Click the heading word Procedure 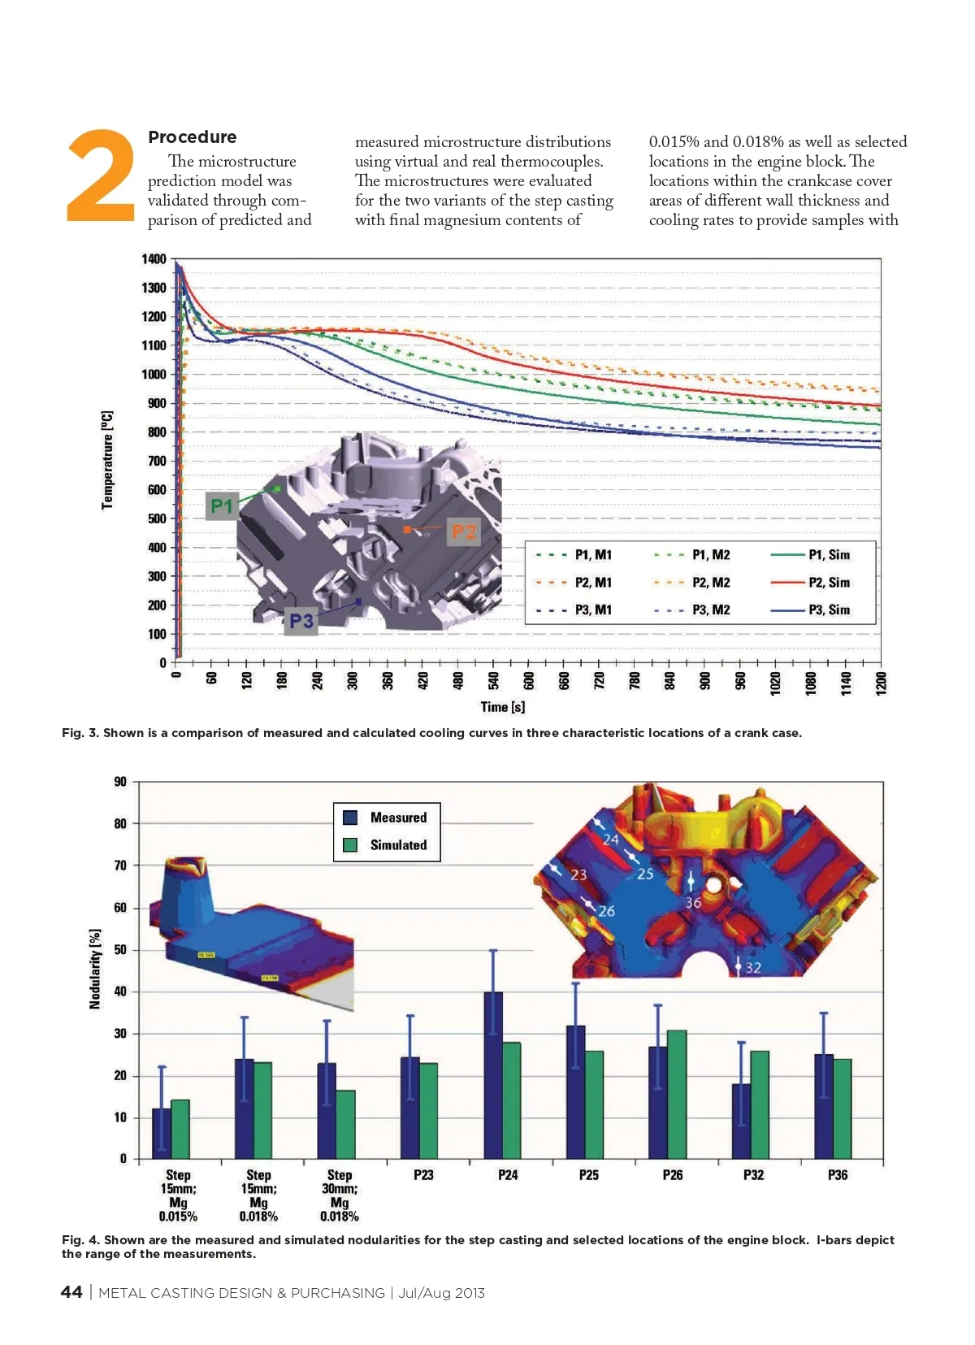tap(193, 137)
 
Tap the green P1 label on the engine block tap(222, 505)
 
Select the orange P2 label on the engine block tap(463, 532)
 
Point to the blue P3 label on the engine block tap(301, 622)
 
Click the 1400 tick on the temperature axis tap(154, 259)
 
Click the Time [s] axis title tap(503, 707)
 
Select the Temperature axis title tap(107, 461)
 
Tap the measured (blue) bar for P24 tap(493, 1074)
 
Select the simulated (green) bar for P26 tap(676, 1094)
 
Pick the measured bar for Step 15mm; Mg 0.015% tap(162, 1133)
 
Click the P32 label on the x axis tap(753, 1175)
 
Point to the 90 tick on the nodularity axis tap(120, 782)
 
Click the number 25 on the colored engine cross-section tap(645, 874)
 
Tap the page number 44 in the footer tap(71, 1292)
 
